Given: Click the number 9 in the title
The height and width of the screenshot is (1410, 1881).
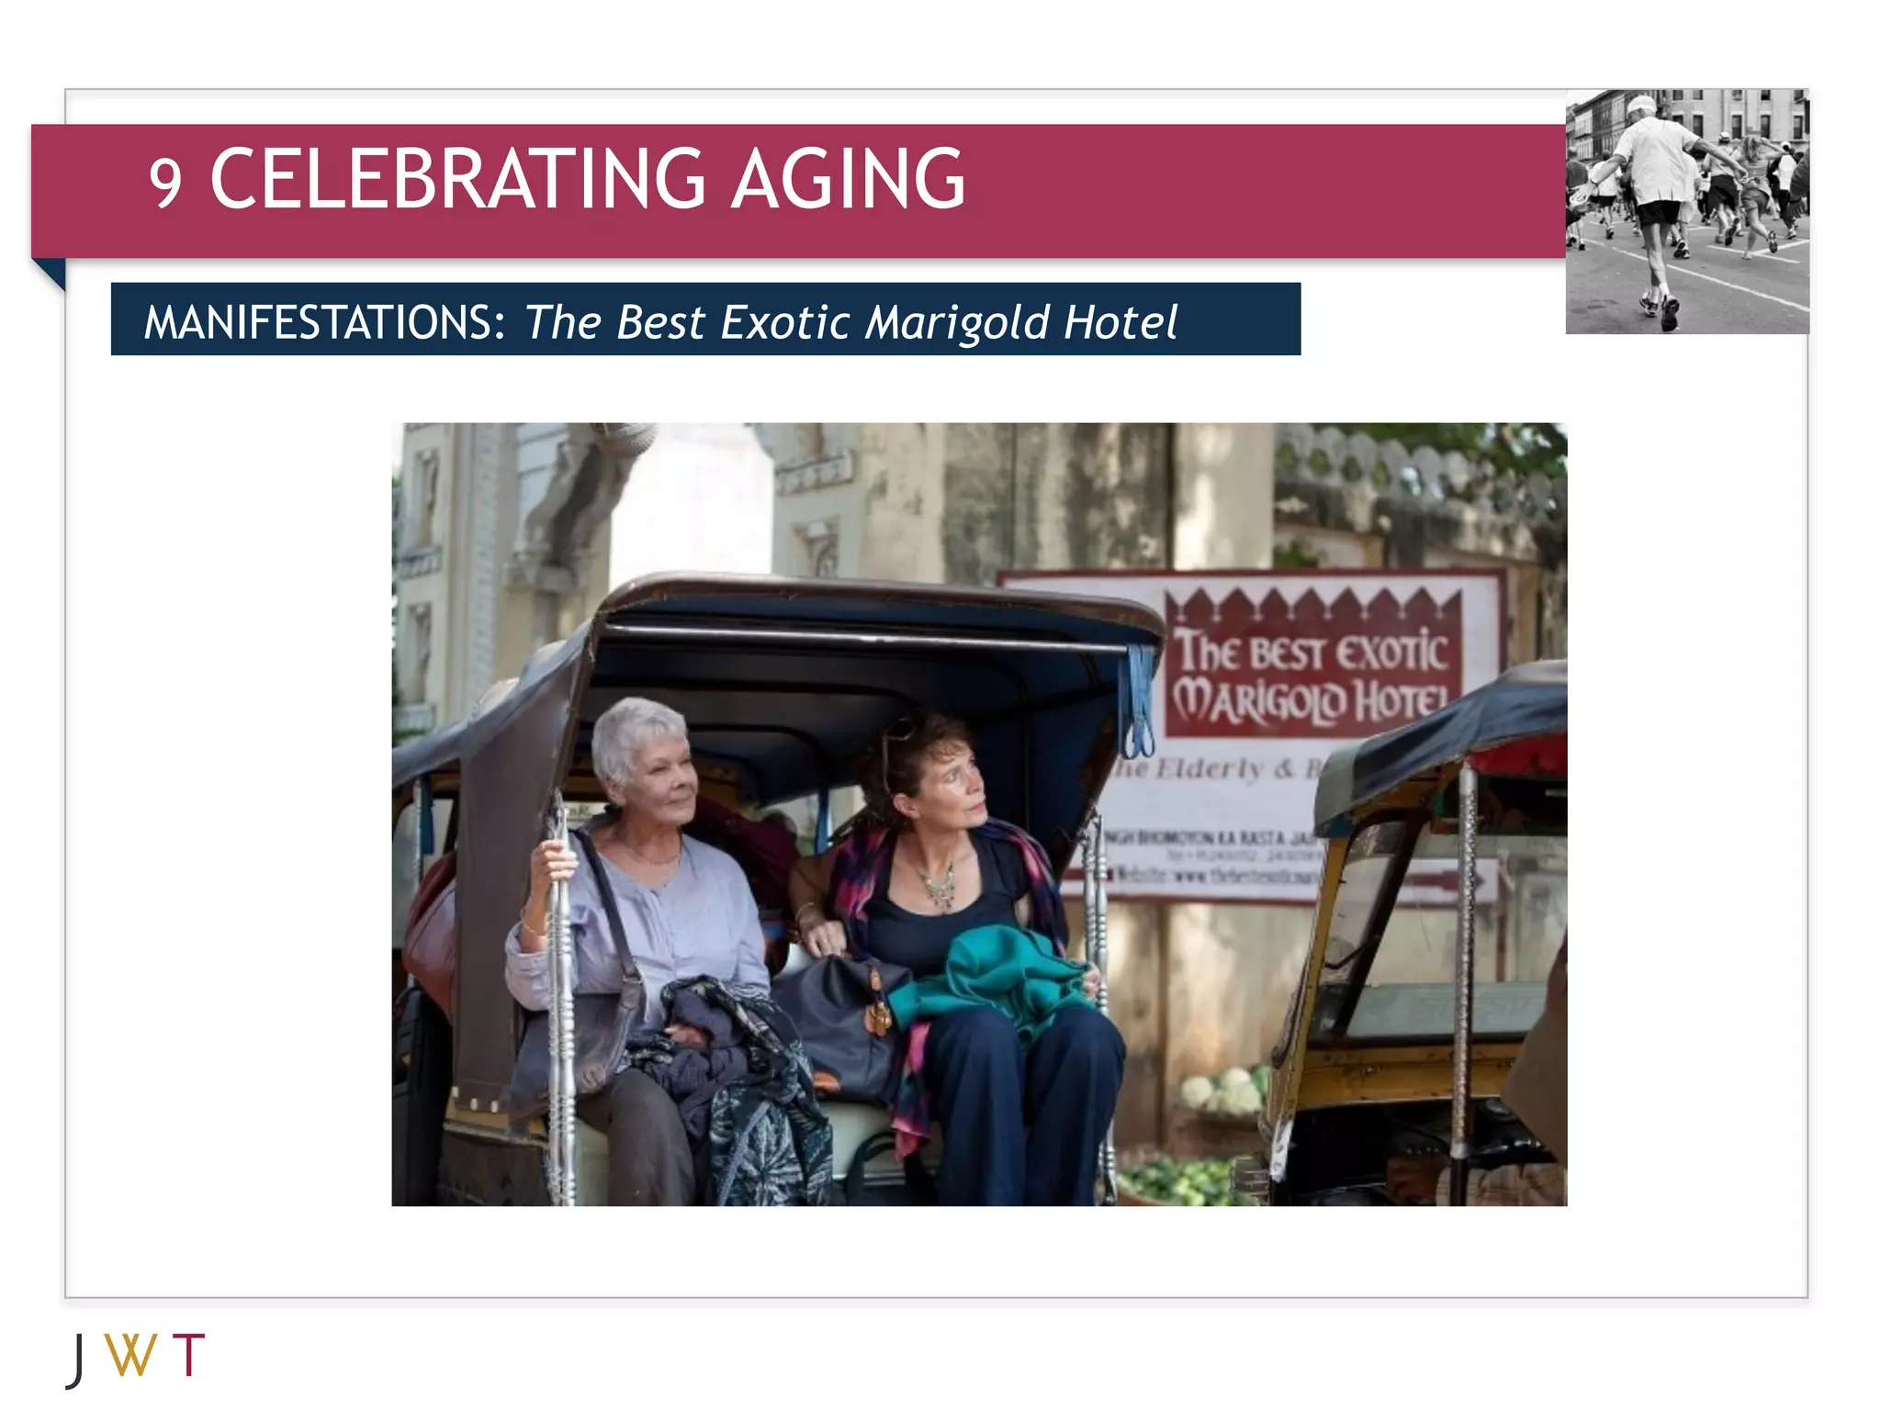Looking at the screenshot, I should click(x=165, y=183).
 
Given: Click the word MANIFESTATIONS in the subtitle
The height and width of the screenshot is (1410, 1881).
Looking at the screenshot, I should click(x=324, y=322).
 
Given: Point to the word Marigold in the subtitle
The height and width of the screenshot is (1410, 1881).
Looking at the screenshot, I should click(x=957, y=322).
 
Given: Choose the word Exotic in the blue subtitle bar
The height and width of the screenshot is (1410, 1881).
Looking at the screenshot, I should click(x=785, y=322).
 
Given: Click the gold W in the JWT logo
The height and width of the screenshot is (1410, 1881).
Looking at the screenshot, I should click(x=130, y=1355).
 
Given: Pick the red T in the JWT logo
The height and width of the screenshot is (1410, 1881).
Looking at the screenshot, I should click(x=188, y=1355).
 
